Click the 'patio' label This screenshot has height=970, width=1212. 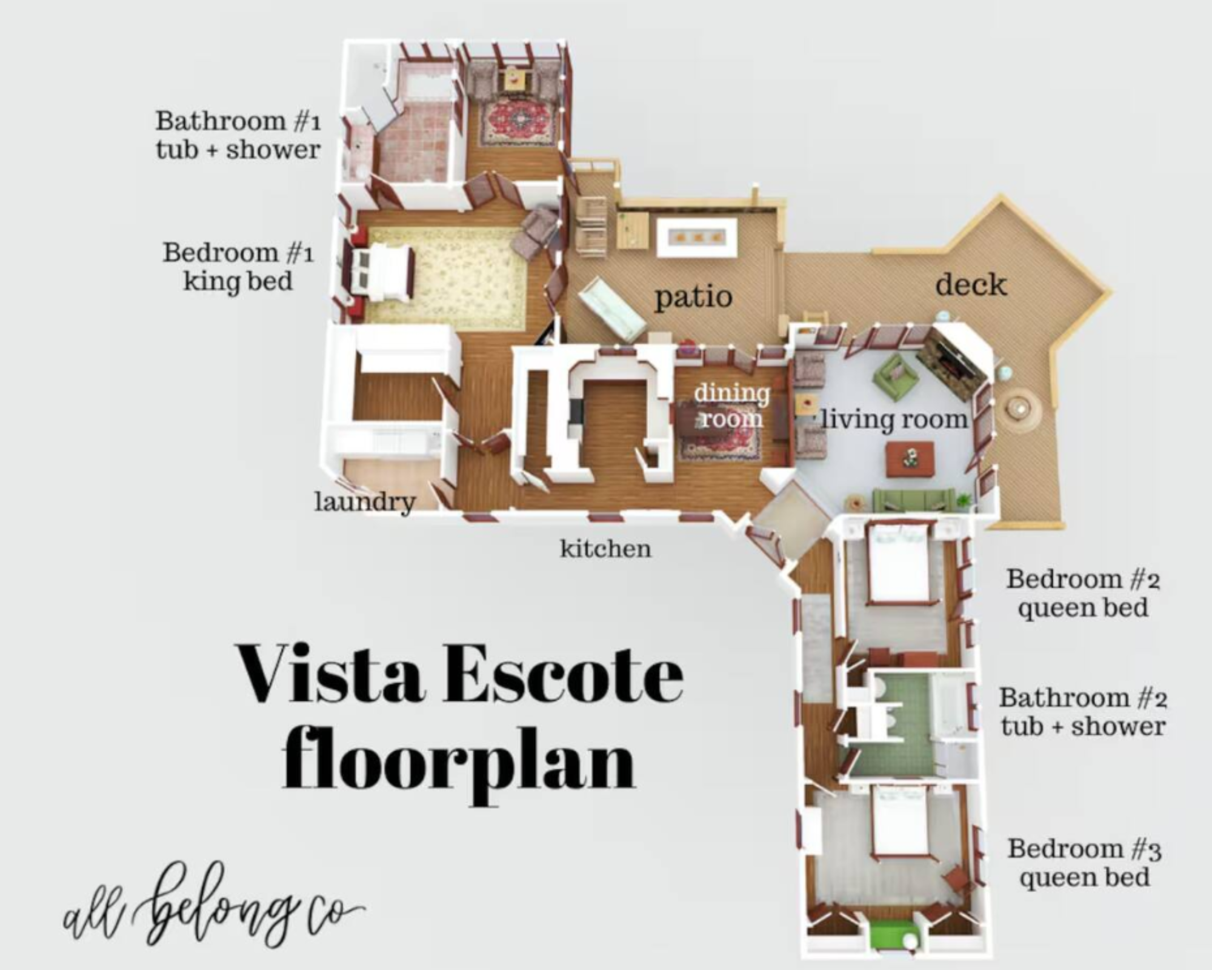693,298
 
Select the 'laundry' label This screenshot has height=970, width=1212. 365,502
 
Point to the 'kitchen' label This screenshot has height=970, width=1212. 605,549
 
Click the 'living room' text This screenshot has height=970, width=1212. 894,420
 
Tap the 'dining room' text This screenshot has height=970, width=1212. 731,405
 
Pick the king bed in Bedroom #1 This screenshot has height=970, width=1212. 382,272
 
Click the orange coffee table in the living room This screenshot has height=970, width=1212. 910,459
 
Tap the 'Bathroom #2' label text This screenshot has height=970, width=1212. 1083,697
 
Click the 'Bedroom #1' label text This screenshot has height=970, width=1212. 238,252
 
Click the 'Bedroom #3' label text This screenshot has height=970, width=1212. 1084,849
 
